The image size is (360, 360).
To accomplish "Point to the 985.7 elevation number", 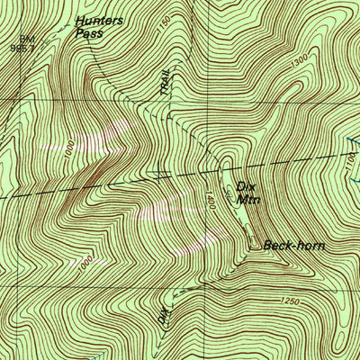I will (22, 48).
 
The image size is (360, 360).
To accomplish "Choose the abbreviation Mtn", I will (249, 200).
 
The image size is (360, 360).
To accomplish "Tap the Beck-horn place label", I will (293, 244).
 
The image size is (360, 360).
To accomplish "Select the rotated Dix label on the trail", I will (163, 317).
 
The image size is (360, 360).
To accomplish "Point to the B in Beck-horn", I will (268, 244).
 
